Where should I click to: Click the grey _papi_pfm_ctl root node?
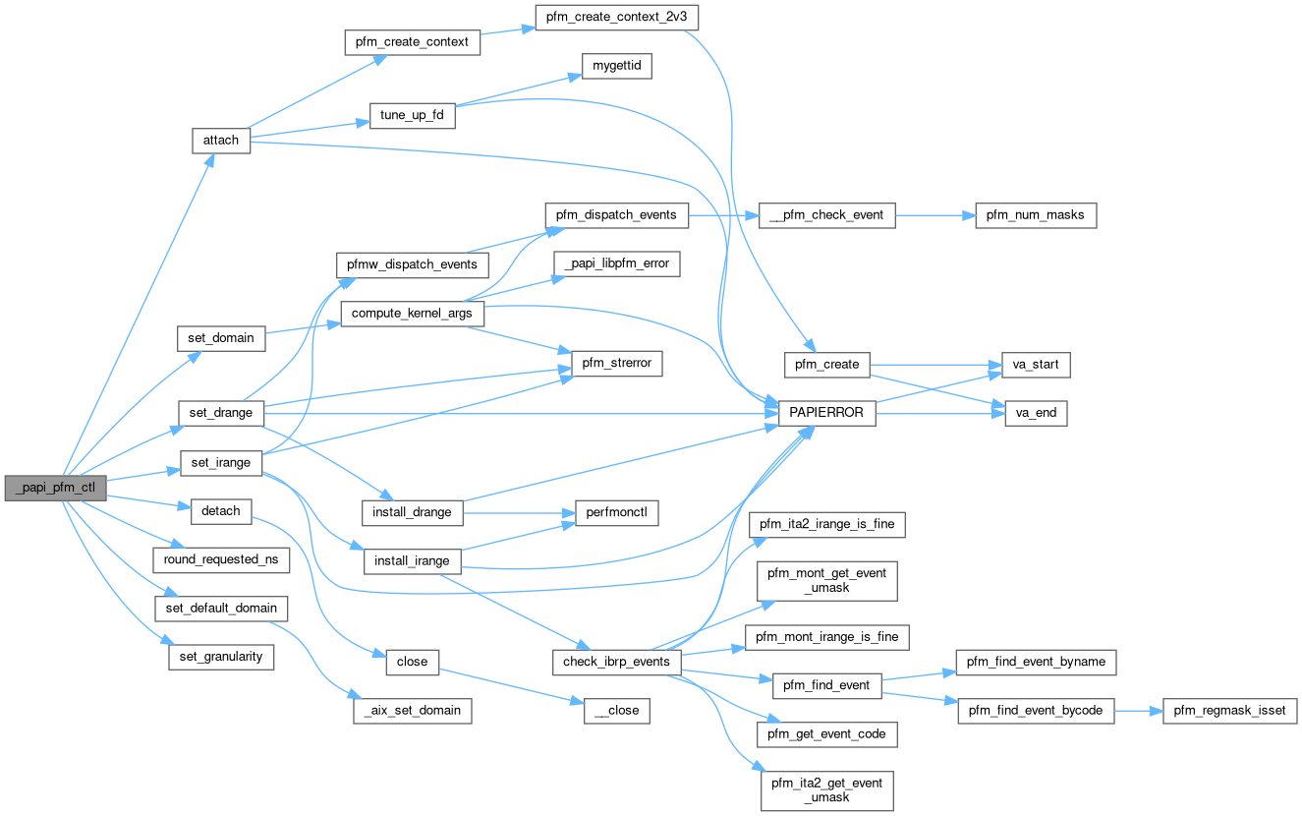tap(55, 488)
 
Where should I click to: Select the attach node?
tap(220, 140)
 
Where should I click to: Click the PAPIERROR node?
tap(826, 413)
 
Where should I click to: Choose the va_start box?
tap(1035, 365)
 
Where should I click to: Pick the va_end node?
tap(1035, 413)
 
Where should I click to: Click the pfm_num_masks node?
tap(1035, 215)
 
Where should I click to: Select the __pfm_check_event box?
tap(826, 215)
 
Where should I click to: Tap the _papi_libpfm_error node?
tap(617, 263)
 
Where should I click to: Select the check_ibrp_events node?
tap(616, 662)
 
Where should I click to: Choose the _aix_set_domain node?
tap(413, 710)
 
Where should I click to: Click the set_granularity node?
tap(221, 656)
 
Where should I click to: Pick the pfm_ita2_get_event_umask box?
tap(826, 789)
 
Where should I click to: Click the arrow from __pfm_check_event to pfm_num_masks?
tap(934, 215)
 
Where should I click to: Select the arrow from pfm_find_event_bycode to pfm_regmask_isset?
tap(1138, 710)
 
